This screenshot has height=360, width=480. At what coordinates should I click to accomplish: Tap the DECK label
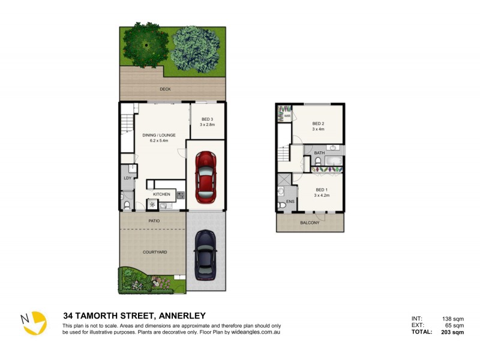[x=165, y=89]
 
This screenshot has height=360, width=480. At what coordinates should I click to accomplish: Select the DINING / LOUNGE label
[x=159, y=135]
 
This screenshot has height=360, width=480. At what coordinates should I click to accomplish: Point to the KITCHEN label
[x=161, y=194]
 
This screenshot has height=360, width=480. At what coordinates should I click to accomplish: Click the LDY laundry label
[x=127, y=178]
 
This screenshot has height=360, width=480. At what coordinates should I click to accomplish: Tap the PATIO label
[x=154, y=221]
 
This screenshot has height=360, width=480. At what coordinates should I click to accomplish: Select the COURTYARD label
[x=154, y=253]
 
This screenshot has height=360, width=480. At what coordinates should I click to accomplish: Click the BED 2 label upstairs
[x=318, y=124]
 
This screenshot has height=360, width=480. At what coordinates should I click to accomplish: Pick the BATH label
[x=319, y=153]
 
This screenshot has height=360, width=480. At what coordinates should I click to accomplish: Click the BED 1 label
[x=322, y=190]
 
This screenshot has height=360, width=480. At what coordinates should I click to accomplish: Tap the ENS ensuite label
[x=290, y=202]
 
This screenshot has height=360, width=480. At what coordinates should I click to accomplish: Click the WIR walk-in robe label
[x=280, y=117]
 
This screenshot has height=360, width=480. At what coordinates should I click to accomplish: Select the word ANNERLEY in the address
[x=181, y=316]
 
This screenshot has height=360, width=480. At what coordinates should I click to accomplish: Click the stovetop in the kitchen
[x=180, y=194]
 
